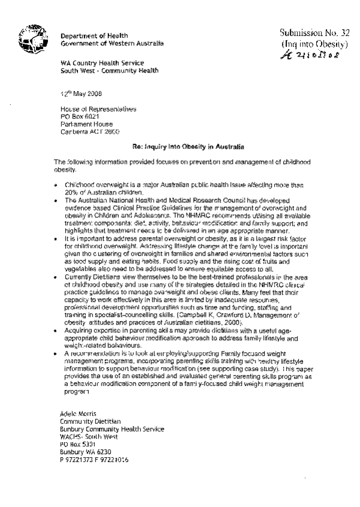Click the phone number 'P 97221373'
pos(77,460)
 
